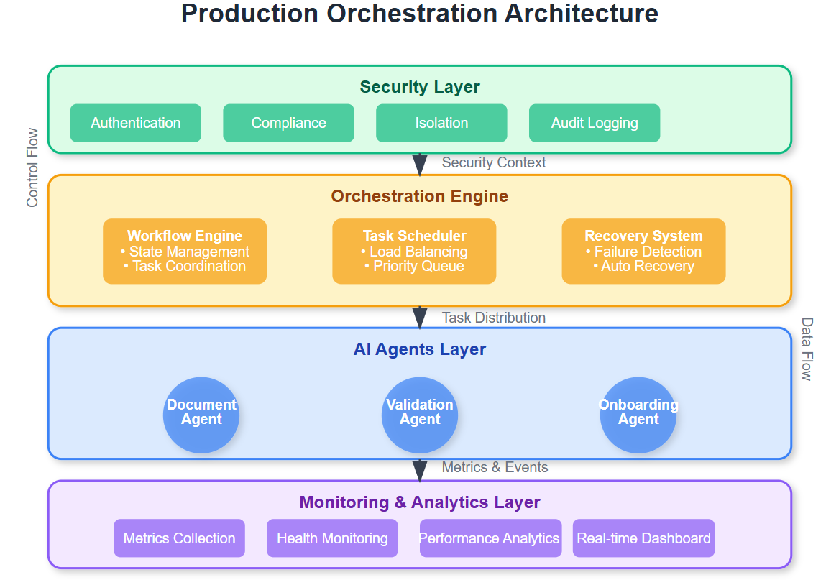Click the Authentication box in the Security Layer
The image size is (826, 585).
click(x=135, y=123)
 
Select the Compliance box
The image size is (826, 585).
click(x=288, y=123)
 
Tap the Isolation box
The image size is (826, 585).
click(x=441, y=123)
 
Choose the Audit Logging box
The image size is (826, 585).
click(x=595, y=123)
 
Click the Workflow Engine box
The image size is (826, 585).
click(x=185, y=251)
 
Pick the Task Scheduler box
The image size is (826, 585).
click(x=414, y=251)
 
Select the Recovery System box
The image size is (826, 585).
click(x=643, y=251)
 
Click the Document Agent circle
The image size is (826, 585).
click(x=201, y=415)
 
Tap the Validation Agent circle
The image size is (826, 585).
click(x=420, y=415)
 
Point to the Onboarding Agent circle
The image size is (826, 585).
click(x=638, y=415)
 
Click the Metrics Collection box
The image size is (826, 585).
click(x=179, y=538)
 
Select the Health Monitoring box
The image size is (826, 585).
click(x=332, y=538)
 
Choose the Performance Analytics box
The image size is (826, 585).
click(x=489, y=538)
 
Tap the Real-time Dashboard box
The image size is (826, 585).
click(x=643, y=538)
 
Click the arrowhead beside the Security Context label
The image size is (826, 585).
click(x=420, y=165)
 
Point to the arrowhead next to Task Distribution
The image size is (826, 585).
click(x=420, y=318)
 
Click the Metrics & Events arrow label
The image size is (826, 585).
click(x=495, y=467)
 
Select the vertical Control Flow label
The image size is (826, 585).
click(x=32, y=167)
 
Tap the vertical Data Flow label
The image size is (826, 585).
click(x=807, y=349)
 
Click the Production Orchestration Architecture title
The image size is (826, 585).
click(x=420, y=14)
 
